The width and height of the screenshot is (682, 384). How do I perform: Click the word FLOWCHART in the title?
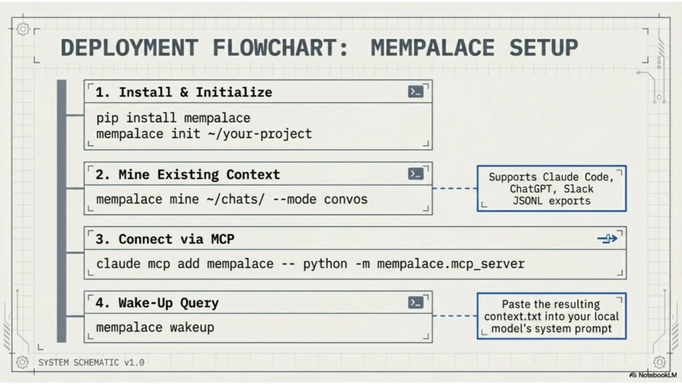pyautogui.click(x=280, y=48)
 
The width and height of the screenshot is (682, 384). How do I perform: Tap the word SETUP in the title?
pyautogui.click(x=543, y=48)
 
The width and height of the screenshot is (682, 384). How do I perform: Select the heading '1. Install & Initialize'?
pyautogui.click(x=184, y=92)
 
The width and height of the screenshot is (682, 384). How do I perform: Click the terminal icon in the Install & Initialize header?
pyautogui.click(x=416, y=91)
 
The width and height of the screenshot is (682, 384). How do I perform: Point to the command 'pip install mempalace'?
pyautogui.click(x=173, y=118)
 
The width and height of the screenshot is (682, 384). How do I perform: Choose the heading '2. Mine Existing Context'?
pyautogui.click(x=187, y=175)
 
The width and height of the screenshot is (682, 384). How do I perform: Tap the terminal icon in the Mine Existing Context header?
pyautogui.click(x=416, y=174)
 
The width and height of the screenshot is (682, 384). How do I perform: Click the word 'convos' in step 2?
pyautogui.click(x=346, y=199)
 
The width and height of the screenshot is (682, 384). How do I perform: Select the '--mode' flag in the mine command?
pyautogui.click(x=294, y=199)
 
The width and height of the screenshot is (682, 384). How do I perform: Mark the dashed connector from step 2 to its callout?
pyautogui.click(x=454, y=189)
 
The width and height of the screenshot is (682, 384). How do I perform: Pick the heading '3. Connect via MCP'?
pyautogui.click(x=165, y=239)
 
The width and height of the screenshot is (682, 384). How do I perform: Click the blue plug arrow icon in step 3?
pyautogui.click(x=607, y=239)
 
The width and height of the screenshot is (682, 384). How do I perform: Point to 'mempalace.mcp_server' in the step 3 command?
pyautogui.click(x=451, y=264)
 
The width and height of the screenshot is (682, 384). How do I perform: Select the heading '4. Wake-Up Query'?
pyautogui.click(x=157, y=303)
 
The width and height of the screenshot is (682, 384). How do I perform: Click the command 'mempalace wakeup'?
pyautogui.click(x=155, y=327)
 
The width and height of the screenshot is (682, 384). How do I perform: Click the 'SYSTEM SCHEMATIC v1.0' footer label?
pyautogui.click(x=91, y=363)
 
